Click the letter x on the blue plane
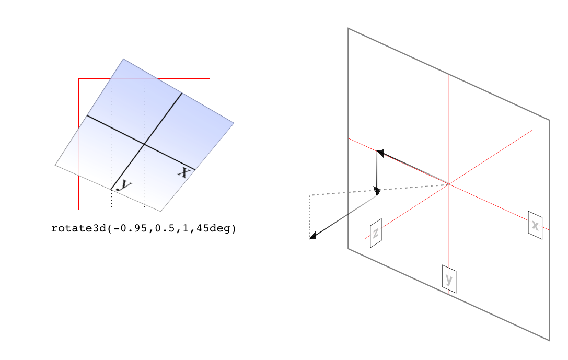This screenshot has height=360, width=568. coord(184,172)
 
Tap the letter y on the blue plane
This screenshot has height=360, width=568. coord(124,185)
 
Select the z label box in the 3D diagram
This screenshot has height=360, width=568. coord(376,233)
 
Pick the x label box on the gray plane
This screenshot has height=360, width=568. coord(535,225)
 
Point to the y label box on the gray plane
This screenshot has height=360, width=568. coord(449,279)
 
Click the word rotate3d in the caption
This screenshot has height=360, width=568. coord(79,228)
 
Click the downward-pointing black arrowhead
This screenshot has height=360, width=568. coord(377,191)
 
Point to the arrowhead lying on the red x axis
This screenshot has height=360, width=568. coord(380,153)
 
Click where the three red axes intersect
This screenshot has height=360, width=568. coord(449,184)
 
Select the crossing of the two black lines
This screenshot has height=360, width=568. coord(144,144)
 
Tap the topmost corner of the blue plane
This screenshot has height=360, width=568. coord(123,59)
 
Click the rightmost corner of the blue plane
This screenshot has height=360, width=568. coord(234,123)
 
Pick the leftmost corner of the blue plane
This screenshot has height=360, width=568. coord(55,165)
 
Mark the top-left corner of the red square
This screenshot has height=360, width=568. coord(78,78)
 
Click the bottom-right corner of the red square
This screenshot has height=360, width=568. coord(210,210)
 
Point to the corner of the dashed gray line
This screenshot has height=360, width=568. coord(310,195)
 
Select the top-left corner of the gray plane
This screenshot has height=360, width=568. coord(348,28)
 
